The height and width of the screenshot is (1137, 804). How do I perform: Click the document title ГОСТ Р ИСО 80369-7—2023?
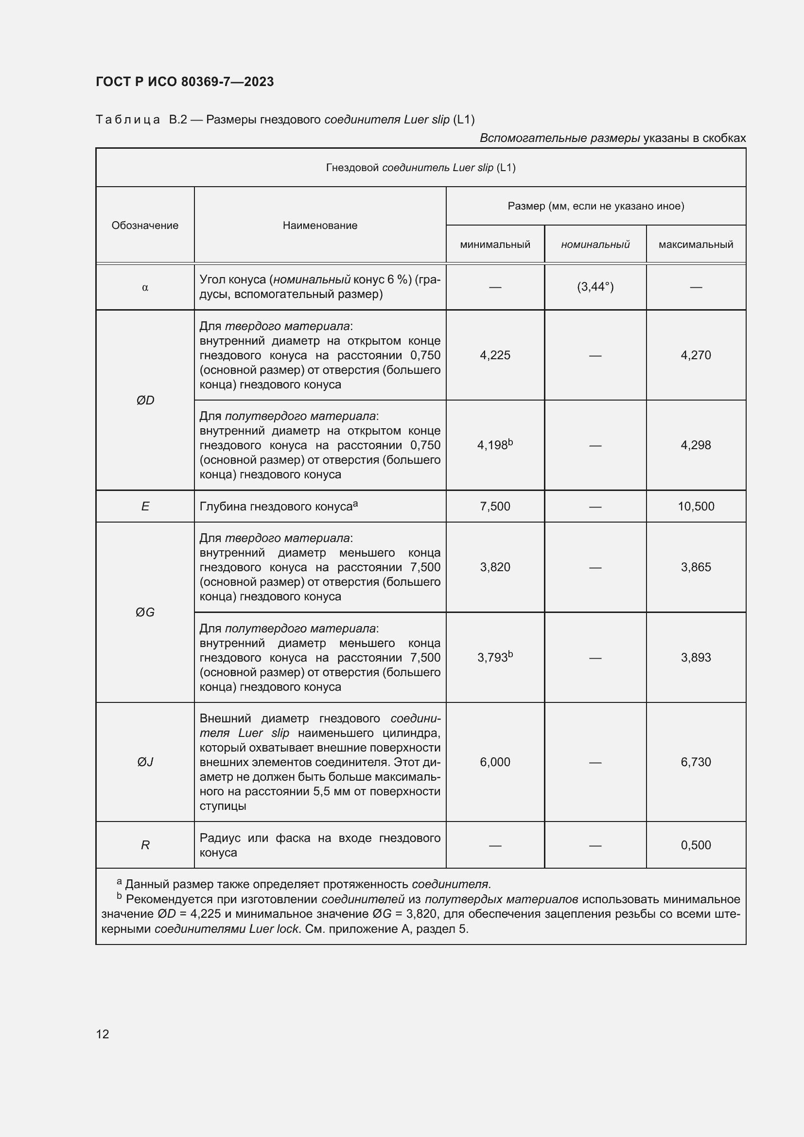coord(185,82)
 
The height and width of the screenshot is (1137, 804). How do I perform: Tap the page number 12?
coord(103,1034)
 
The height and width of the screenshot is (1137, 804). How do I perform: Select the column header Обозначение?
coord(144,226)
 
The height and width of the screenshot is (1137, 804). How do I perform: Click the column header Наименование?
coord(320,226)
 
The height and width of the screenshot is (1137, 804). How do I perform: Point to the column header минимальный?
coord(494,245)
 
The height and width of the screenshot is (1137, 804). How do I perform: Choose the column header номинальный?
coord(595,245)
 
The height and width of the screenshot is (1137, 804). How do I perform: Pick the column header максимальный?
coord(696,245)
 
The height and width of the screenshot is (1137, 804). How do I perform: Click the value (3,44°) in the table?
coord(595,287)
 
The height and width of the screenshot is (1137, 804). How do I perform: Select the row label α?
coord(145,287)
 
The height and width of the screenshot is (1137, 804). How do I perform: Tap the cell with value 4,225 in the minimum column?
coord(494,355)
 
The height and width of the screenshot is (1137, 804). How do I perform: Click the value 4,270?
coord(696,355)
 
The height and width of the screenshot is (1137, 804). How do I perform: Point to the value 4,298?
coord(696,445)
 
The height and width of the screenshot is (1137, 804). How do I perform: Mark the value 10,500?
coord(696,506)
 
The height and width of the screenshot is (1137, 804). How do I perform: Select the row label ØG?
coord(145,612)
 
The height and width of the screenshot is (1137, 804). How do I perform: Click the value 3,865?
coord(696,567)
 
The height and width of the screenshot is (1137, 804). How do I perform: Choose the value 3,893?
coord(696,658)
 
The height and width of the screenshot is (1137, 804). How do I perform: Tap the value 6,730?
coord(696,762)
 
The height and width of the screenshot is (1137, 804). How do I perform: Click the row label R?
coord(145,845)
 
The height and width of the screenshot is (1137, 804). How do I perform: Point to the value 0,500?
coord(696,845)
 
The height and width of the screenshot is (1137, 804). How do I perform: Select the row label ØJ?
coord(145,762)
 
